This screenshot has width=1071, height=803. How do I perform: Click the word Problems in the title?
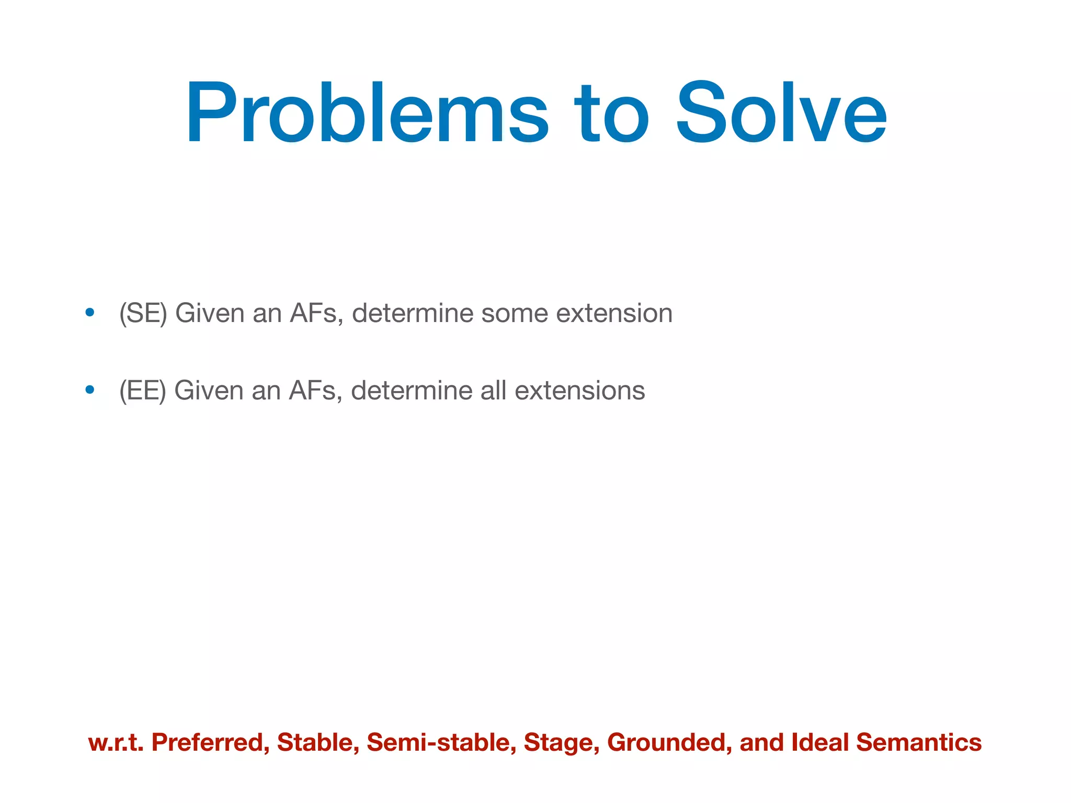(366, 112)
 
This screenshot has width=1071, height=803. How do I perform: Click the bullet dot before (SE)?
(90, 313)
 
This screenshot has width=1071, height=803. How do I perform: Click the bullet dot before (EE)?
(90, 390)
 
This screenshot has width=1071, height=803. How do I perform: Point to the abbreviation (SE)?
(143, 314)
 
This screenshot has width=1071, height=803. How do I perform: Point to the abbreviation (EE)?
(142, 391)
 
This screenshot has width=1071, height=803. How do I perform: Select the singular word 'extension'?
(614, 314)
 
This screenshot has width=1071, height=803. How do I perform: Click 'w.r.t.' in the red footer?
(116, 742)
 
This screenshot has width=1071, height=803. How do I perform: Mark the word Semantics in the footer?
(919, 742)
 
